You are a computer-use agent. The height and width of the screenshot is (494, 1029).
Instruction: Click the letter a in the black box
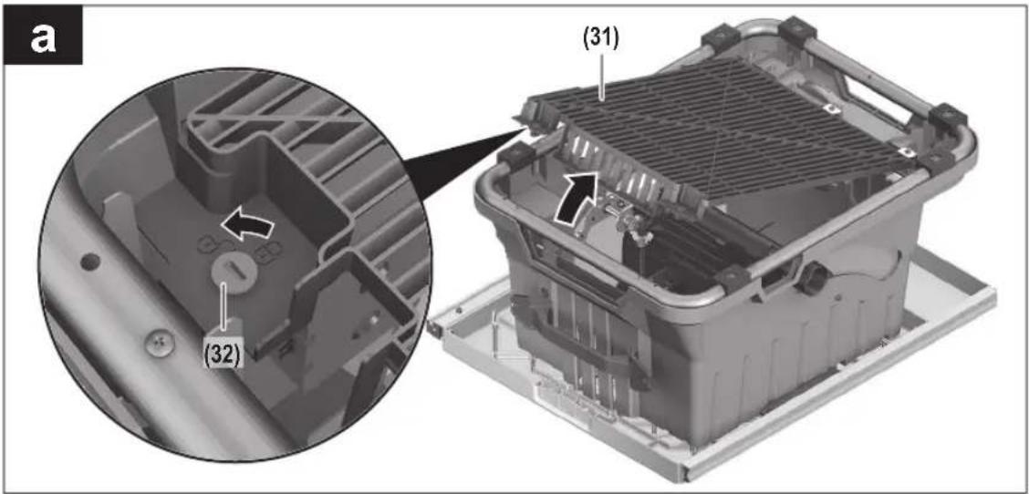[43, 36]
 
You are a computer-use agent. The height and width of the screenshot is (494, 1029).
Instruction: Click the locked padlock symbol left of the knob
[209, 244]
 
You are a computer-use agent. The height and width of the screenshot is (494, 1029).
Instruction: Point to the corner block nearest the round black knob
[733, 279]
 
